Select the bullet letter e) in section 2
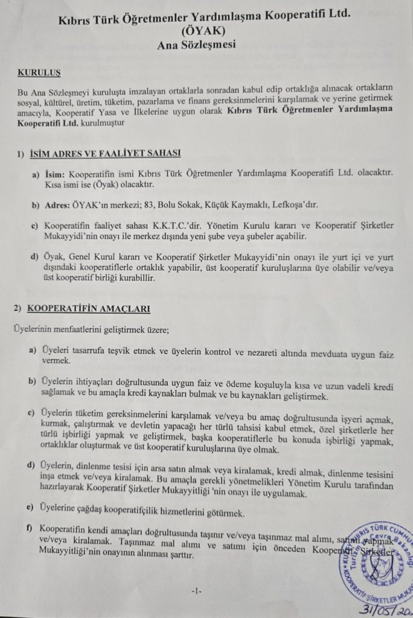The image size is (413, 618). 30,505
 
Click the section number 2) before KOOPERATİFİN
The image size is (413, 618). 18,309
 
